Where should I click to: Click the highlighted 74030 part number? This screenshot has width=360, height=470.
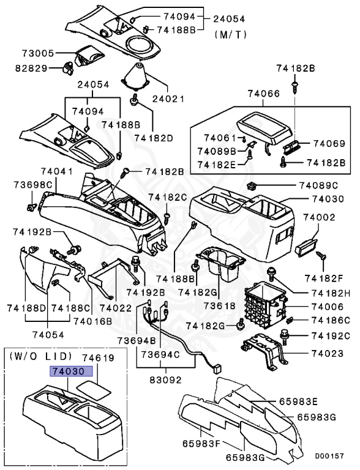coord(70,371)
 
